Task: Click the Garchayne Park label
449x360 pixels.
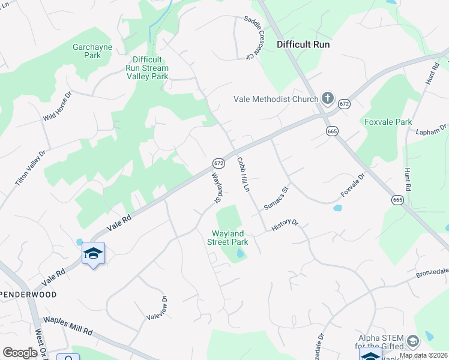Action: pos(86,51)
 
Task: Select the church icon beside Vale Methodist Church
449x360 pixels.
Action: pos(327,97)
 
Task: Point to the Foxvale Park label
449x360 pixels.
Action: pos(388,122)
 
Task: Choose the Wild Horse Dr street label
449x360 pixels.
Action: pos(57,107)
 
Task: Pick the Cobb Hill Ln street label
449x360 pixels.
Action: pos(243,175)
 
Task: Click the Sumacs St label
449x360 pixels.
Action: pos(277,197)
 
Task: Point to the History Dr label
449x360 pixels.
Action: pos(285,225)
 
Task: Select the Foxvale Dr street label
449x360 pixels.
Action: pos(352,185)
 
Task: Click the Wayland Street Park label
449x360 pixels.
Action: pos(228,238)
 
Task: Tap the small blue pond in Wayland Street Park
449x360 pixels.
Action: pos(240,254)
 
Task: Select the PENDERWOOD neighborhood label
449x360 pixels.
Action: pos(28,295)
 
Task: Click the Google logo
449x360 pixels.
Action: pos(20,353)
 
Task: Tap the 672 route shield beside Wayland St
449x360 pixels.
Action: pos(218,163)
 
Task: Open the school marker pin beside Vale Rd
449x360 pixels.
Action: pos(93,254)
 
